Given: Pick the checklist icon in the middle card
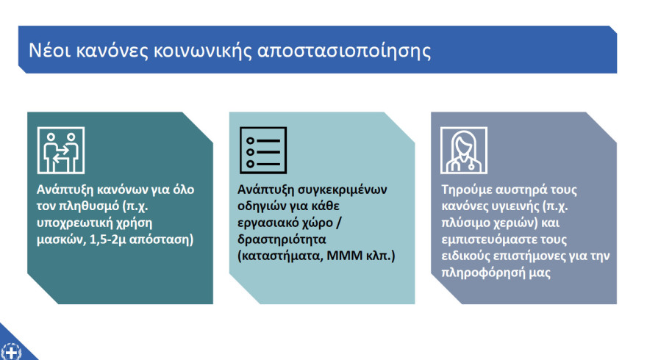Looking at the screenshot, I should click(263, 150).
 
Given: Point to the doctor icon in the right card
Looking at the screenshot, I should click(463, 150).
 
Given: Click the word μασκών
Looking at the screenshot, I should click(60, 239).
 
